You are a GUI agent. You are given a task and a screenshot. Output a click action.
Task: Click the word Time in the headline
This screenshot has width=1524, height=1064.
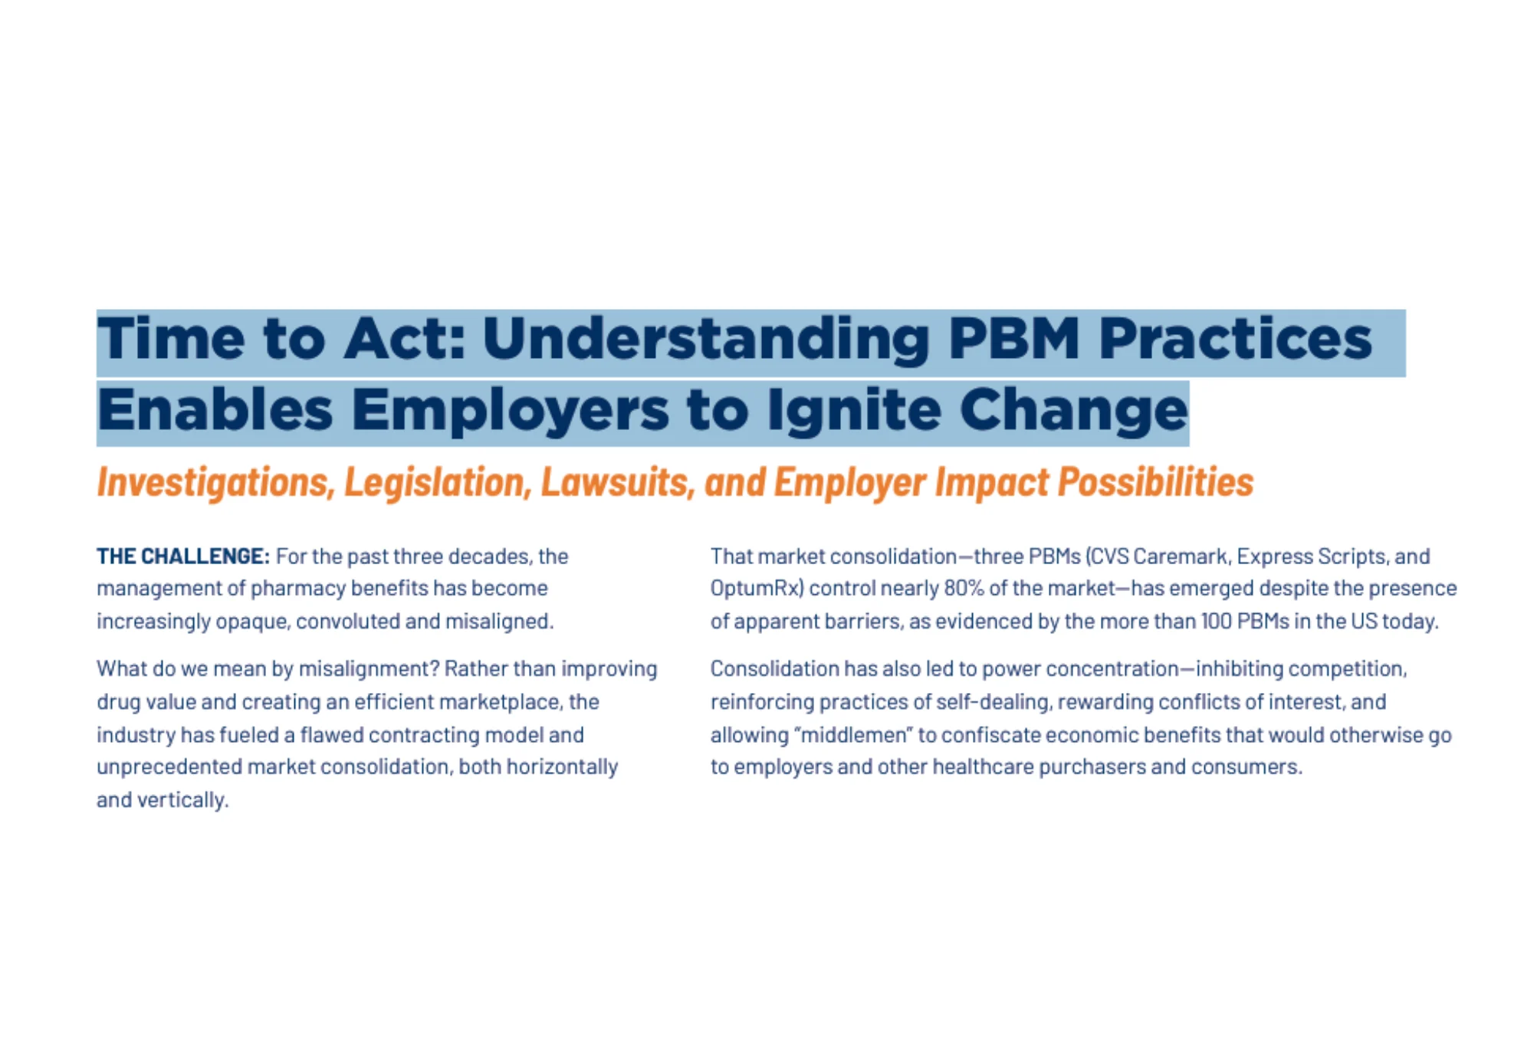(x=171, y=338)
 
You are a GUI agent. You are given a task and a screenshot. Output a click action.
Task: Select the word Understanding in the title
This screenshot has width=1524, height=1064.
(x=706, y=340)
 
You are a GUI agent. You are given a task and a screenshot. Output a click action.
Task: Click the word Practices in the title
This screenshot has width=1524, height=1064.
(x=1236, y=338)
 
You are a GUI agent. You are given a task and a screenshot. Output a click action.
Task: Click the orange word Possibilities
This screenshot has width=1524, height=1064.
(x=1156, y=482)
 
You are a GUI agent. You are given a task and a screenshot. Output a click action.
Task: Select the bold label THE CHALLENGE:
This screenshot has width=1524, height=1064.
(x=183, y=556)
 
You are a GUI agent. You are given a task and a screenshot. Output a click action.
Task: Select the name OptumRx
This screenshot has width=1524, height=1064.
(x=757, y=589)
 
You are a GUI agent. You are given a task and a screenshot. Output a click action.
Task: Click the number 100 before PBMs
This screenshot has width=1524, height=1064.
(x=1216, y=621)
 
